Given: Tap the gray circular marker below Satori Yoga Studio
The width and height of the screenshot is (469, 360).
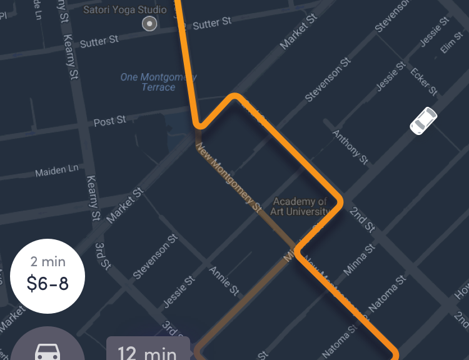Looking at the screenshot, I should click(149, 24).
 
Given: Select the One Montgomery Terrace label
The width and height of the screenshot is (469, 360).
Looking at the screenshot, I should click(158, 82).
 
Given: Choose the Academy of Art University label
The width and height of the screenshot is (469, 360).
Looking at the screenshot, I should click(301, 206).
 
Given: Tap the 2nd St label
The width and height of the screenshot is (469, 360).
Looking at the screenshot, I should click(362, 219).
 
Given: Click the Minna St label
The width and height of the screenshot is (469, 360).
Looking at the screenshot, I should click(359, 260).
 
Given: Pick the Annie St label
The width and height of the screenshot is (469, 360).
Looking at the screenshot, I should click(224, 281).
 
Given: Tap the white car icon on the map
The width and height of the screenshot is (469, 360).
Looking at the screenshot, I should click(423, 120).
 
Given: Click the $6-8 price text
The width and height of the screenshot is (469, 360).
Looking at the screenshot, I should click(48, 284).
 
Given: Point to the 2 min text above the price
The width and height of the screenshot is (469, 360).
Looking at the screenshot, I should click(48, 261).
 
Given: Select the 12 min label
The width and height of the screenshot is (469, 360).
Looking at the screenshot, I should click(148, 352).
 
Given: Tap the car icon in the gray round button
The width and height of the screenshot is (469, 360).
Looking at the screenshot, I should click(48, 350).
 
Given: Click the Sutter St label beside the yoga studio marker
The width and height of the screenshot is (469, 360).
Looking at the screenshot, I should click(212, 24).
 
